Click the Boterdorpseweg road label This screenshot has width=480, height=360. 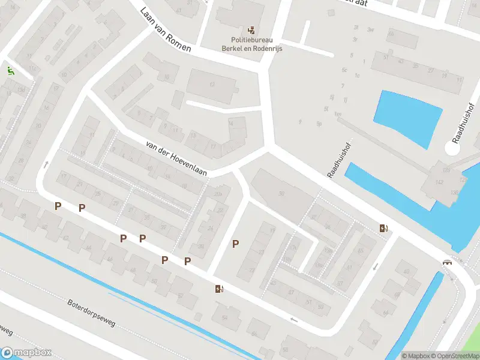[91, 313]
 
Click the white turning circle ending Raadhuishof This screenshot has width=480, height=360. [454, 148]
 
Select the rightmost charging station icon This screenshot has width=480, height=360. [383, 228]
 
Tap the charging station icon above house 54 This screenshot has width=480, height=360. [220, 289]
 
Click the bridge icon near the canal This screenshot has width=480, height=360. [447, 262]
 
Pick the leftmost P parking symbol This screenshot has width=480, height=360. [58, 206]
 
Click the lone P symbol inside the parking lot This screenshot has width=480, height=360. [236, 244]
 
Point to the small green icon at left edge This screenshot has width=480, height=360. [10, 71]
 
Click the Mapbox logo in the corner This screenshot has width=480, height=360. [26, 352]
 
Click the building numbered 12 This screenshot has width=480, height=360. [211, 85]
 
